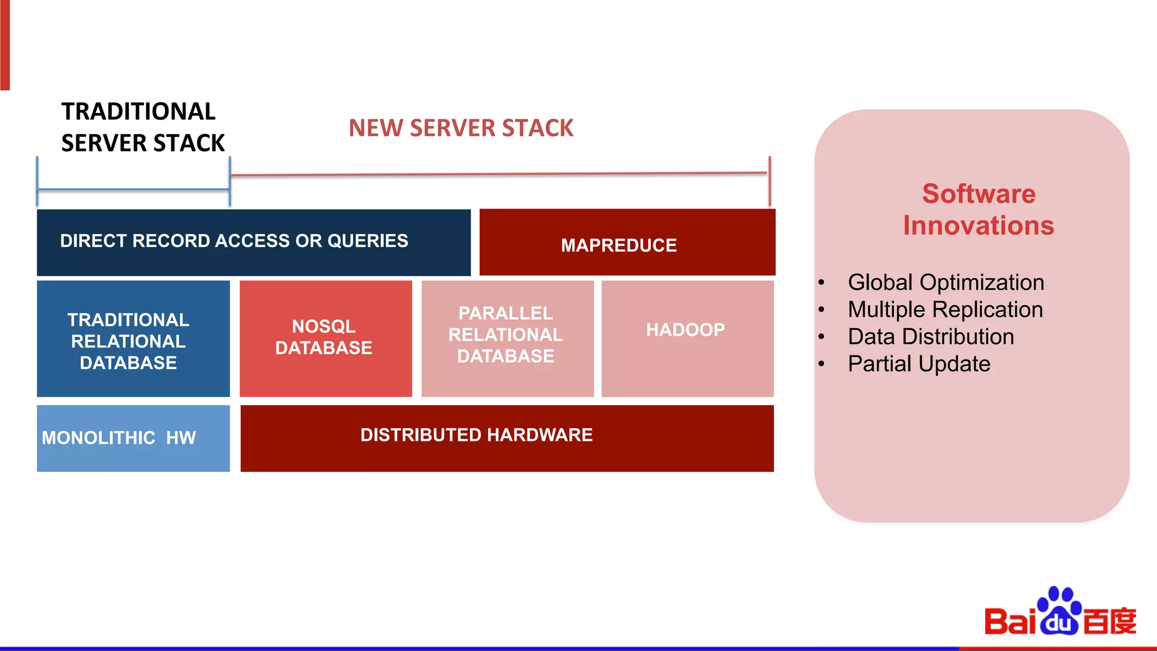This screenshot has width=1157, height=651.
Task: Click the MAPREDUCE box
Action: [627, 243]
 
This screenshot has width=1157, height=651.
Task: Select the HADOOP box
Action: [687, 338]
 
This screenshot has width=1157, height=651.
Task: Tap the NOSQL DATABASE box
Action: [325, 338]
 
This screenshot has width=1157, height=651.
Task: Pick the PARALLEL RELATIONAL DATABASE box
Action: [507, 338]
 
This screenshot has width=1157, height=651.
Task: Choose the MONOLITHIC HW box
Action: [133, 438]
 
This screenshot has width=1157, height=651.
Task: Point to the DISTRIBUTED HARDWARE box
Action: [507, 438]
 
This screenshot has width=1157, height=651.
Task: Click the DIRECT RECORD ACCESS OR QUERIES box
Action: [253, 242]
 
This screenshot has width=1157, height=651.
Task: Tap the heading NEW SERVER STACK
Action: [460, 128]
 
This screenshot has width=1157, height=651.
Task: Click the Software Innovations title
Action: [978, 209]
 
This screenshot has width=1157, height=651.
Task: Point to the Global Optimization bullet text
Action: [946, 282]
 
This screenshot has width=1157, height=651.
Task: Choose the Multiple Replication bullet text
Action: [945, 309]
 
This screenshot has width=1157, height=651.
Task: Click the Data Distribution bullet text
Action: [930, 336]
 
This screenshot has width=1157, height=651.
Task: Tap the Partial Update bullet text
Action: [919, 363]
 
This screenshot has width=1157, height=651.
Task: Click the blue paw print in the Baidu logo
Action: [1059, 610]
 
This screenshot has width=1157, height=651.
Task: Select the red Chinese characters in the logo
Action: [1110, 621]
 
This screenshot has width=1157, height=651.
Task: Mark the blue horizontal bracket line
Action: [133, 190]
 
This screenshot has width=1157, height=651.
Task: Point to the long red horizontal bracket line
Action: [499, 174]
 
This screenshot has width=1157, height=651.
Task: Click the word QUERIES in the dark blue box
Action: [367, 241]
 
